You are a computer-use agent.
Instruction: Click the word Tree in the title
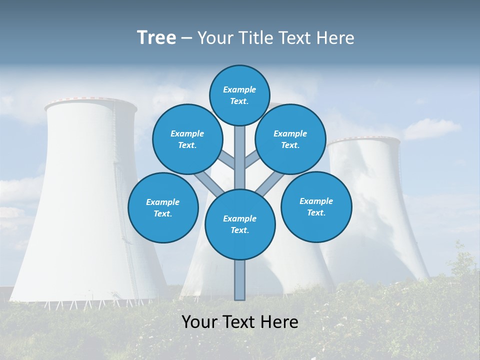pyautogui.click(x=156, y=37)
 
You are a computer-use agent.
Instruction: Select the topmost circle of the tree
pyautogui.click(x=239, y=95)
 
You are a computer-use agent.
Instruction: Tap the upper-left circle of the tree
pyautogui.click(x=187, y=139)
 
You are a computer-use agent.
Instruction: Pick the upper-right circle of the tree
pyautogui.click(x=290, y=139)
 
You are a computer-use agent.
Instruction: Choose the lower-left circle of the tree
pyautogui.click(x=163, y=207)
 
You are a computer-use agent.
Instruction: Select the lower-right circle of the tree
pyautogui.click(x=316, y=206)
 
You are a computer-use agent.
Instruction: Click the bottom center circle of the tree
pyautogui.click(x=240, y=224)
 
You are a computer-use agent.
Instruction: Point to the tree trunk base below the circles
pyautogui.click(x=240, y=280)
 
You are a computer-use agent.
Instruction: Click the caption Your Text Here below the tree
pyautogui.click(x=240, y=322)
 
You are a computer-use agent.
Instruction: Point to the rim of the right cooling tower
pyautogui.click(x=364, y=140)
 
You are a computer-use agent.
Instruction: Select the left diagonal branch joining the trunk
pyautogui.click(x=210, y=183)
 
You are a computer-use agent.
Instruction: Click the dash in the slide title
pyautogui.click(x=186, y=38)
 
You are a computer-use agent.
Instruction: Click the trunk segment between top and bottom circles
pyautogui.click(x=240, y=157)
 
